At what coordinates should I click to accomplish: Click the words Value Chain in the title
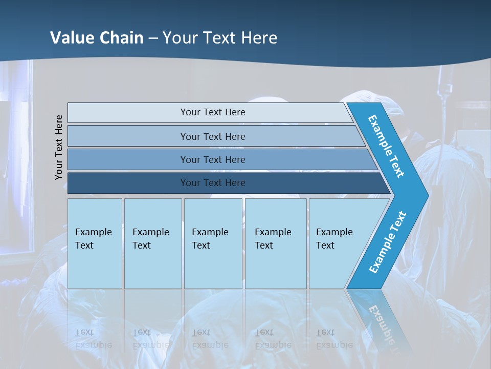tap(97, 37)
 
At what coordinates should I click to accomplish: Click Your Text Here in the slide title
tap(220, 37)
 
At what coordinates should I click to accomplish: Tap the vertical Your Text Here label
tap(59, 147)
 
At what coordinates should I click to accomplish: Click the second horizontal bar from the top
tap(212, 136)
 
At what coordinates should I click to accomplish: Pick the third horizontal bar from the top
tap(212, 159)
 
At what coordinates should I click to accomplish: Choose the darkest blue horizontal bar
tap(212, 183)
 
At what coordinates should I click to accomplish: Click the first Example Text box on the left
tap(95, 243)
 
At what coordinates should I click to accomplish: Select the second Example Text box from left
tap(152, 243)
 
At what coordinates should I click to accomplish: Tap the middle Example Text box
tap(213, 243)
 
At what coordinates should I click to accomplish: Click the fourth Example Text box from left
tap(275, 243)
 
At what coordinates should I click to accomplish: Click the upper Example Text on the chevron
tap(386, 146)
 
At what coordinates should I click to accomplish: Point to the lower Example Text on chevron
tap(388, 242)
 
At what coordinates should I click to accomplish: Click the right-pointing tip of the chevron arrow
tap(426, 195)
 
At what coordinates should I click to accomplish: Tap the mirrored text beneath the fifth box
tap(334, 339)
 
